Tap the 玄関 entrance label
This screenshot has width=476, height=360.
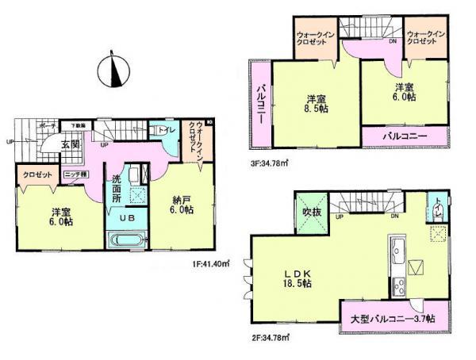70,144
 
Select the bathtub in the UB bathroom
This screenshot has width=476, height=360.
126,239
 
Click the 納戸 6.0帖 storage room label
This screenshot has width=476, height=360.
182,205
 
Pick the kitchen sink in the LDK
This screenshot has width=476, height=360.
394,254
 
